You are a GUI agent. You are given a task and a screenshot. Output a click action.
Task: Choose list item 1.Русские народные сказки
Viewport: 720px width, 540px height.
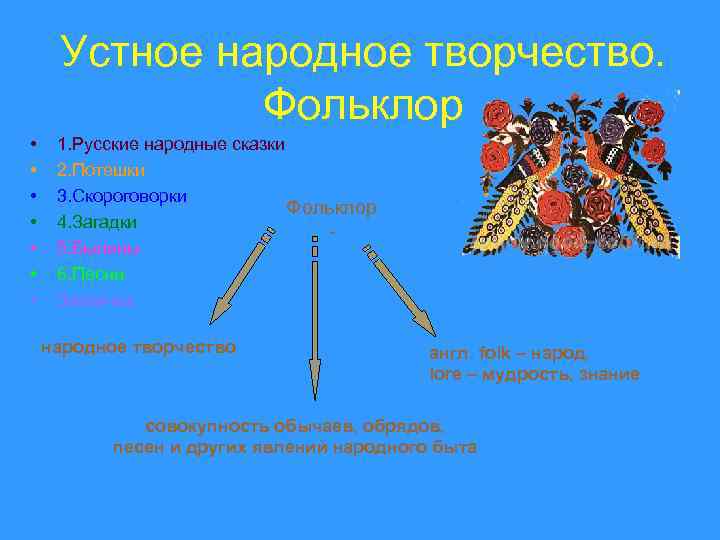coord(171,144)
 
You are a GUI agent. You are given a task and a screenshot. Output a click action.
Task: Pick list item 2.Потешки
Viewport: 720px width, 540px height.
coord(102,170)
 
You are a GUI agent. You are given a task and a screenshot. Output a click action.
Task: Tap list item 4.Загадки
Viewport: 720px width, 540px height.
coord(97,221)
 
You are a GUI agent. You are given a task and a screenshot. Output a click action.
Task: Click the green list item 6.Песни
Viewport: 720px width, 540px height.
coord(91,273)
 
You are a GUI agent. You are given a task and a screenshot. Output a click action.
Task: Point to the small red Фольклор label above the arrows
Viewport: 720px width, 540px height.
coord(331,207)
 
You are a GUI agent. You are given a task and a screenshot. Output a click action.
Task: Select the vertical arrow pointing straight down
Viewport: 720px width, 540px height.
coord(315,320)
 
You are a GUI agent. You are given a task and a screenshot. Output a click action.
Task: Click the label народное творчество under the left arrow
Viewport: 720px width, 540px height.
coord(138,347)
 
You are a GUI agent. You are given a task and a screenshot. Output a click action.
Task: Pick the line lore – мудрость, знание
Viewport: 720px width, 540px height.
coord(534,374)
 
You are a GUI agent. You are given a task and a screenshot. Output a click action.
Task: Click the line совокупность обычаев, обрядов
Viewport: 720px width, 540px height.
coord(294,424)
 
